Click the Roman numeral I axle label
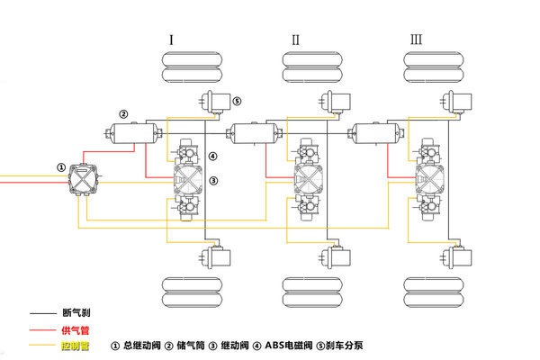pyautogui.click(x=170, y=40)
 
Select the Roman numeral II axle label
pyautogui.click(x=294, y=40)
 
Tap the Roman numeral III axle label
pyautogui.click(x=416, y=40)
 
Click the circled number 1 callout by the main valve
pyautogui.click(x=60, y=166)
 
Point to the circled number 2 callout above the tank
pyautogui.click(x=123, y=114)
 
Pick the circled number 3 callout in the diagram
pyautogui.click(x=213, y=181)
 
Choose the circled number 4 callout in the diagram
pyautogui.click(x=213, y=157)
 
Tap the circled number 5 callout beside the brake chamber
pyautogui.click(x=237, y=101)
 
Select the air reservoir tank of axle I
pyautogui.click(x=135, y=134)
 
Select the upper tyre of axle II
pyautogui.click(x=310, y=68)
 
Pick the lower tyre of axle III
pyautogui.click(x=433, y=294)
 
